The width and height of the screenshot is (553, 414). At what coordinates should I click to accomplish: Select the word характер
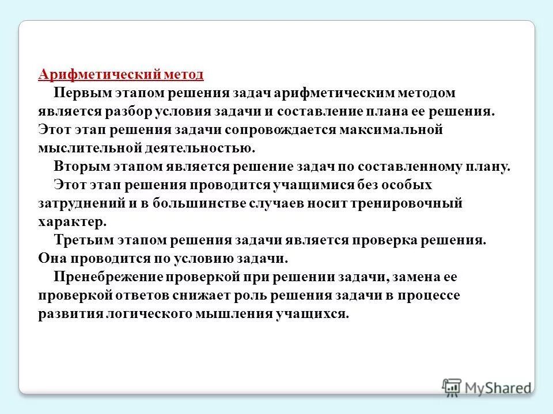pyautogui.click(x=73, y=221)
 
